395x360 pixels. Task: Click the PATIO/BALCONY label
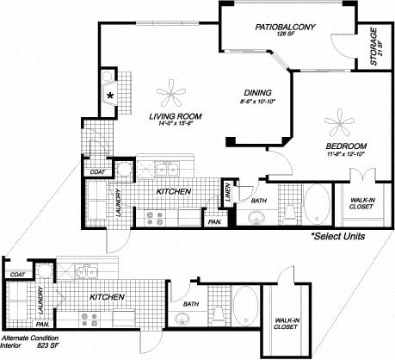pos(286,28)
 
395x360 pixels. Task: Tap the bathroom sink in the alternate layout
pos(183,320)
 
